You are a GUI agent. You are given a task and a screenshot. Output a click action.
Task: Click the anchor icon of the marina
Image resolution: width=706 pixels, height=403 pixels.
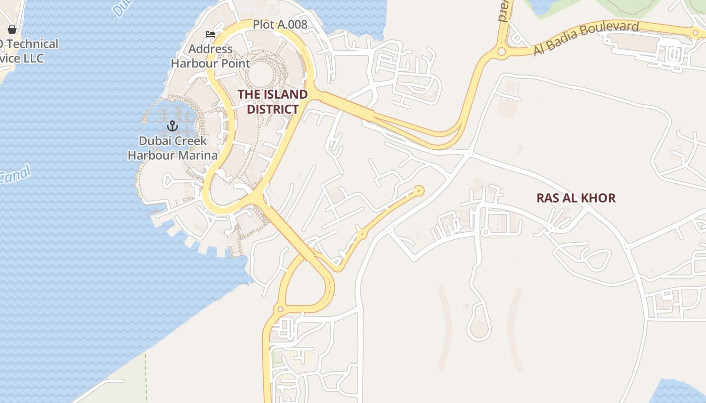[172, 125]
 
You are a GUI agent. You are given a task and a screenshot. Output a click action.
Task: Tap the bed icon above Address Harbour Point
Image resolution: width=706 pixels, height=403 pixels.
[210, 34]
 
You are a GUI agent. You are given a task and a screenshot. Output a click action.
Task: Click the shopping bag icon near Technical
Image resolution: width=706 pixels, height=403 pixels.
[12, 29]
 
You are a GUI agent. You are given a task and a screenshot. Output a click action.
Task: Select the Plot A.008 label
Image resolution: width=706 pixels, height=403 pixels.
[280, 24]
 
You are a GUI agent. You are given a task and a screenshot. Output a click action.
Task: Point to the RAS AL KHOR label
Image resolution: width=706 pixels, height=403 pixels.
[576, 198]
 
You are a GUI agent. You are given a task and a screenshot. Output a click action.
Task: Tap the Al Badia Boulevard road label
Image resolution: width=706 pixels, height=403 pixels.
[586, 38]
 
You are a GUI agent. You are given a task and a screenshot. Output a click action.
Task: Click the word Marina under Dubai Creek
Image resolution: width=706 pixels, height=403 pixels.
[197, 155]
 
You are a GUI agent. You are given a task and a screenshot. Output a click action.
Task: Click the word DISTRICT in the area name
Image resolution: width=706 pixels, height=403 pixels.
[272, 109]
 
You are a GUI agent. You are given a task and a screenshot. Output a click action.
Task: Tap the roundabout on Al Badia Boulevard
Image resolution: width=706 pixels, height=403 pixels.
[501, 51]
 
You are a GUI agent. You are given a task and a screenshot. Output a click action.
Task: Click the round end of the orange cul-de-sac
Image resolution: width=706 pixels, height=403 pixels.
[419, 190]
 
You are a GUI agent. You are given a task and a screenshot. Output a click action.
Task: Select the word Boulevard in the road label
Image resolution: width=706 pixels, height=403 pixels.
[612, 31]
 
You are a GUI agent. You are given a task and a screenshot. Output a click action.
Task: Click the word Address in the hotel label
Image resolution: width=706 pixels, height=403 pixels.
[210, 49]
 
